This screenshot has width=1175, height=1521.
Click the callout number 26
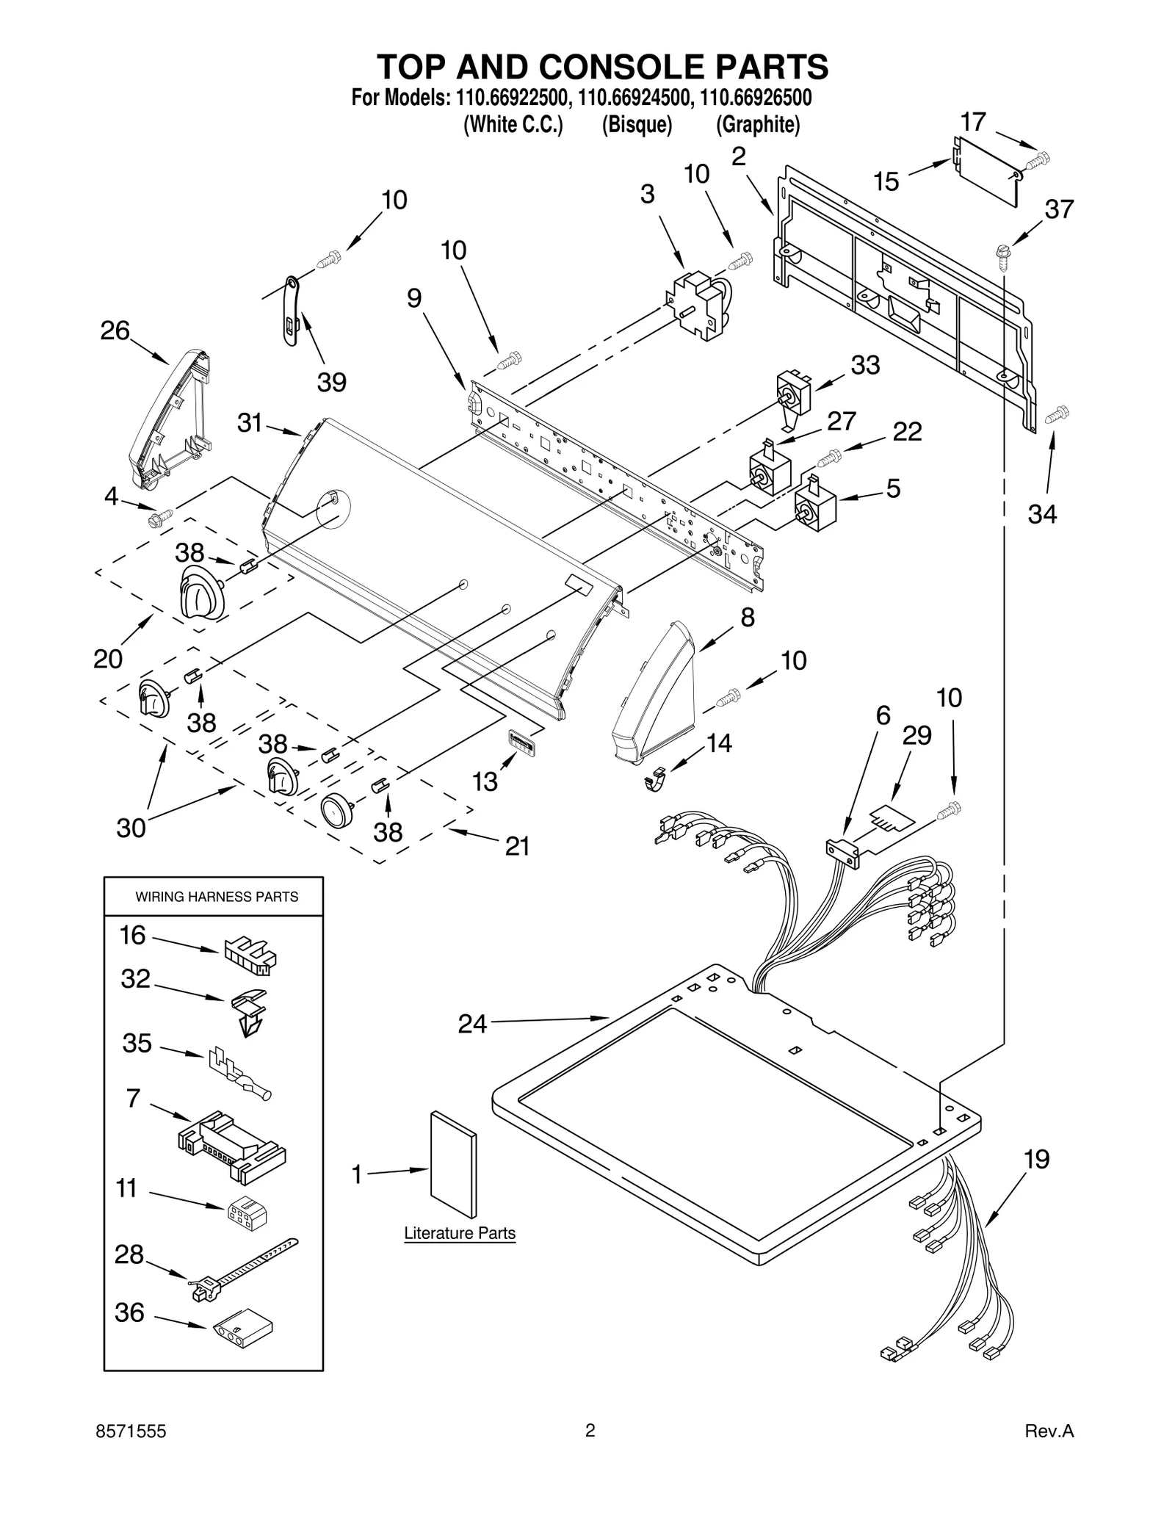115,331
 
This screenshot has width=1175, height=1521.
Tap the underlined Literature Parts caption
460,1233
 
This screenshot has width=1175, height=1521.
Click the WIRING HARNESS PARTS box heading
217,897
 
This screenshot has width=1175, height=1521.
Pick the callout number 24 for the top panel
472,1024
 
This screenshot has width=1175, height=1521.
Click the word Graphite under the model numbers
757,125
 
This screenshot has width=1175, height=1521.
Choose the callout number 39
331,382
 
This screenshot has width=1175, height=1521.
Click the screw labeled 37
1001,253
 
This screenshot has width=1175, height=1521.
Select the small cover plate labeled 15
986,170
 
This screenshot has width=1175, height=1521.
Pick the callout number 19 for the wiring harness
1036,1160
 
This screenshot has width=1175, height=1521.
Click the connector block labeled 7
232,1146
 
